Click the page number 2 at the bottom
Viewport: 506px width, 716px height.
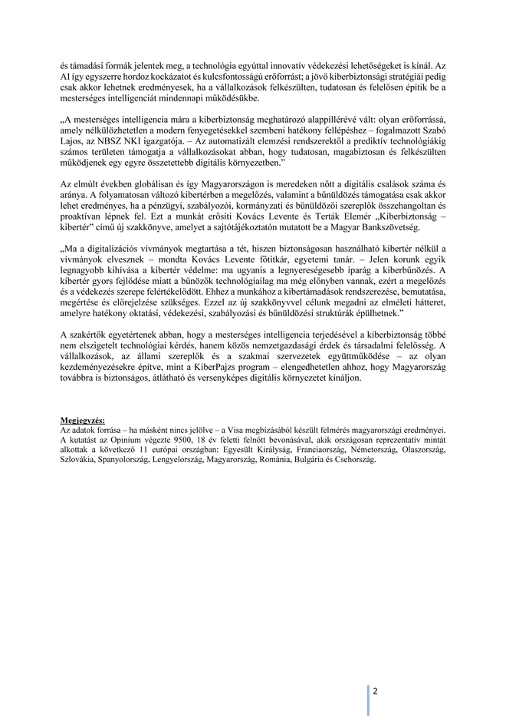click(x=376, y=690)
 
